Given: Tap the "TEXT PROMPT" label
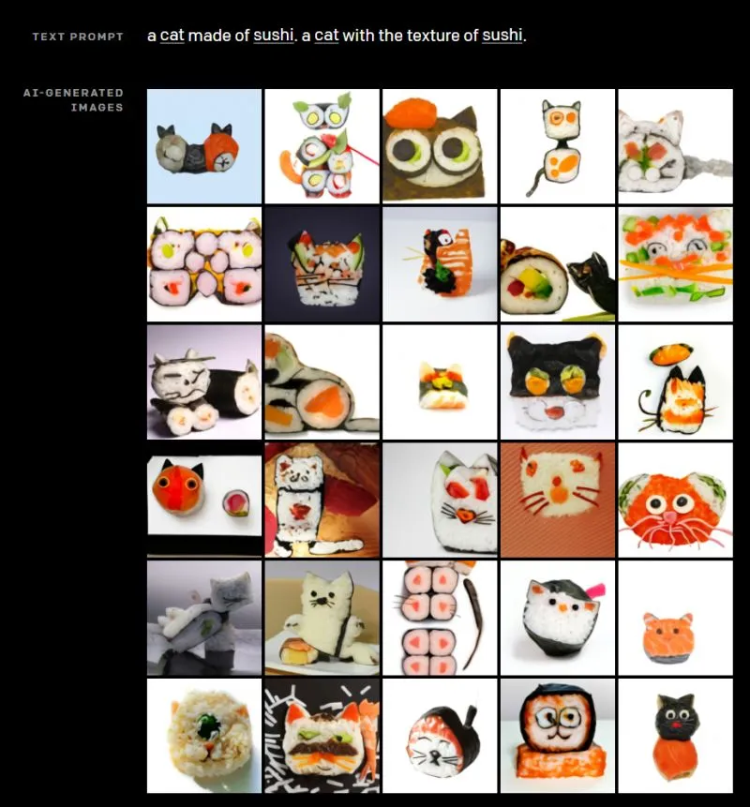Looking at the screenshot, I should [x=78, y=37].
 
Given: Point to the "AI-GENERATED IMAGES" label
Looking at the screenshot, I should [x=78, y=99].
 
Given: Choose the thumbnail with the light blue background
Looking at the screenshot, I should [x=204, y=146].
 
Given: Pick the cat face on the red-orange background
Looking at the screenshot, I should [x=557, y=499].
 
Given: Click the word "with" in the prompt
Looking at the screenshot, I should [x=357, y=36].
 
